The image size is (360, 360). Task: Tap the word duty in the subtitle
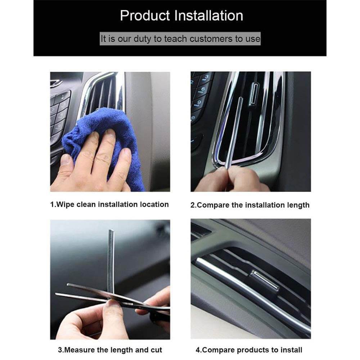(x=143, y=39)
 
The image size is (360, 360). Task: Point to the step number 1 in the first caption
(x=52, y=204)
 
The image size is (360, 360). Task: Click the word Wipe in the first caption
(x=66, y=204)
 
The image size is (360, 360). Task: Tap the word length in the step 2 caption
(x=299, y=205)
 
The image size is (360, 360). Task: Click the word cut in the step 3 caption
(x=156, y=350)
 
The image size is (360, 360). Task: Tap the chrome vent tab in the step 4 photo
(x=265, y=279)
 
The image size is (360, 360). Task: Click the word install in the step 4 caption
(x=292, y=350)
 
